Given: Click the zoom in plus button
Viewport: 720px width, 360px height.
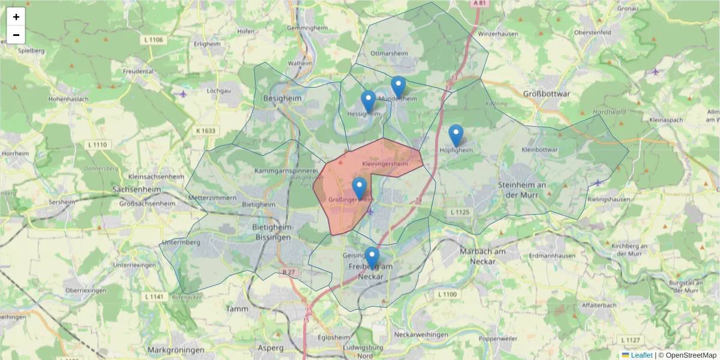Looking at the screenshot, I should click(16, 17).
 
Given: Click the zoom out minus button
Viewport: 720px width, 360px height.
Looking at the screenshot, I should click(16, 35).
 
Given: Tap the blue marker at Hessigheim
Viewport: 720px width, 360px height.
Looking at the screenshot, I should click(368, 101).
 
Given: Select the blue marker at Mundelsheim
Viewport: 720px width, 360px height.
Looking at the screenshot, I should click(398, 87).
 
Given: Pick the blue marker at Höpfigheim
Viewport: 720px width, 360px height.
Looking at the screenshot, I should click(456, 135).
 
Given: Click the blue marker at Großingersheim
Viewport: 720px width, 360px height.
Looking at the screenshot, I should click(359, 188).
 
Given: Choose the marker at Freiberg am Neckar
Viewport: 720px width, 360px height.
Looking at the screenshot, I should click(372, 257).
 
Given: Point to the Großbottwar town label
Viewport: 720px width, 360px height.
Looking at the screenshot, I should click(547, 94).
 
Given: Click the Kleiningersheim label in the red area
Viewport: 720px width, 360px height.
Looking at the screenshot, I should click(385, 164).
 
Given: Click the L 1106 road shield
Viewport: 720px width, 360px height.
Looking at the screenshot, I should click(154, 40).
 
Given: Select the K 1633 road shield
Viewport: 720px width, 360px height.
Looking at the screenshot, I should click(206, 131).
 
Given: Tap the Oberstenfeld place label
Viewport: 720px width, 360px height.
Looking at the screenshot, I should click(592, 32).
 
